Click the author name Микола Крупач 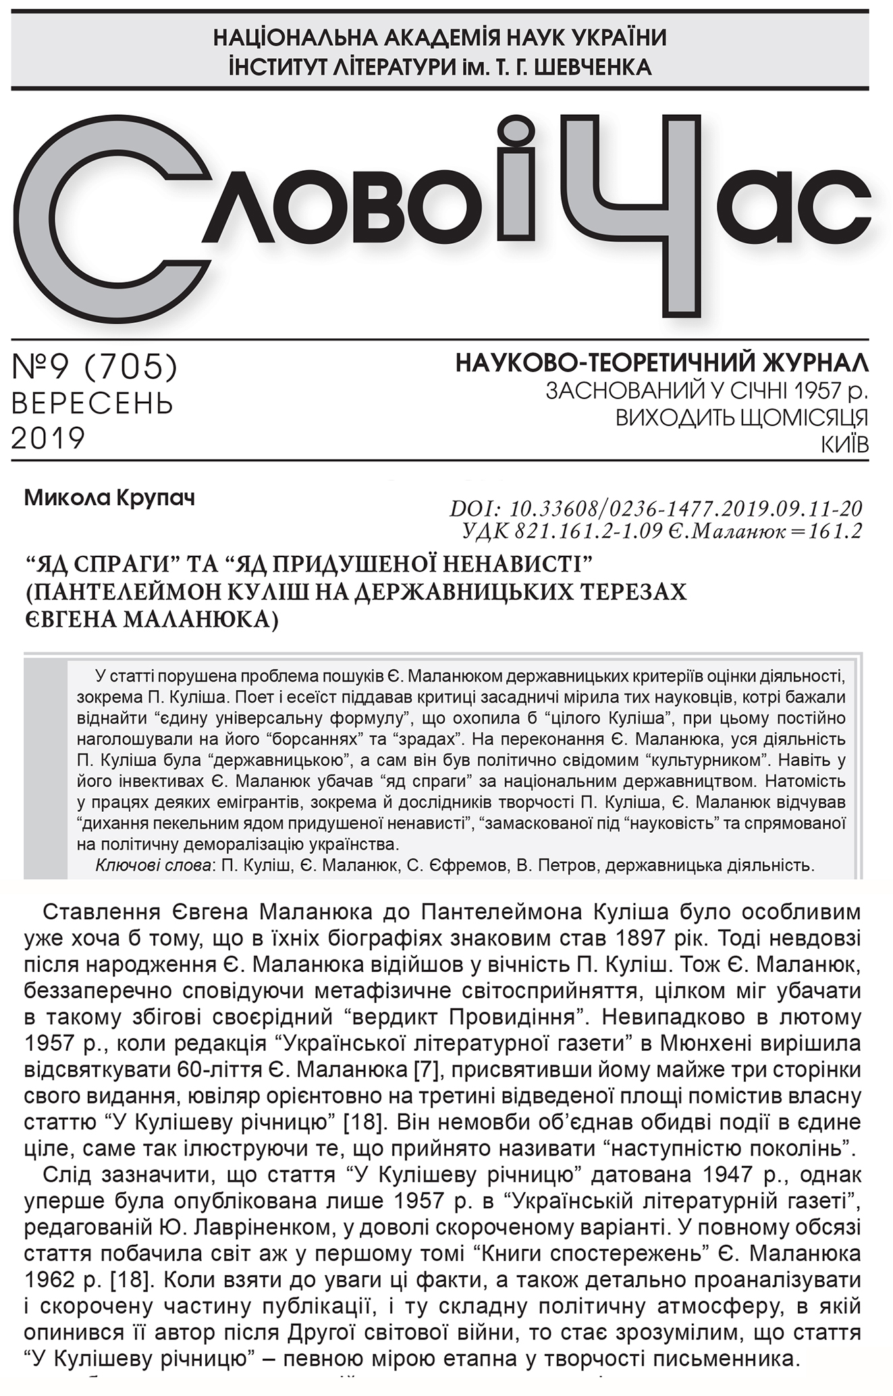click(x=109, y=499)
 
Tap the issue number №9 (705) click(x=95, y=367)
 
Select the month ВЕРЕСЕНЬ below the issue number click(x=92, y=403)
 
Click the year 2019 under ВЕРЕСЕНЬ click(x=48, y=438)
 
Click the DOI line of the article click(x=655, y=508)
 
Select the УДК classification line click(x=662, y=532)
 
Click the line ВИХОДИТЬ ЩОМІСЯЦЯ click(x=741, y=418)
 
